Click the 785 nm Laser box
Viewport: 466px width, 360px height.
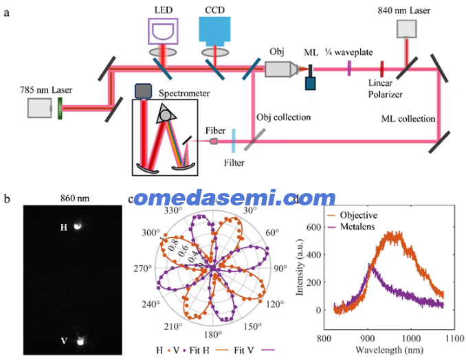pyautogui.click(x=40, y=108)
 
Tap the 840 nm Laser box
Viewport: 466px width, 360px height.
pyautogui.click(x=407, y=29)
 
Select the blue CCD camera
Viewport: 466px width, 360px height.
pyautogui.click(x=214, y=31)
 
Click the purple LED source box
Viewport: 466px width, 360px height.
pyautogui.click(x=163, y=31)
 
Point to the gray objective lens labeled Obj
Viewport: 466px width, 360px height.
pyautogui.click(x=281, y=69)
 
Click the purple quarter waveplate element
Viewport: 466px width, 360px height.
pyautogui.click(x=349, y=68)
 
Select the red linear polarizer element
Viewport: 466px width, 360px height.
pyautogui.click(x=382, y=69)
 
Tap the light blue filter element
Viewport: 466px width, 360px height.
pyautogui.click(x=234, y=141)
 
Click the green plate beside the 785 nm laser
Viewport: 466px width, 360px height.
pyautogui.click(x=60, y=108)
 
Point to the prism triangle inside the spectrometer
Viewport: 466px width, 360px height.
pyautogui.click(x=166, y=114)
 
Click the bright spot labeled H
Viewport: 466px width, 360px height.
pyautogui.click(x=78, y=226)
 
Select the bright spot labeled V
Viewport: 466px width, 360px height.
pyautogui.click(x=80, y=341)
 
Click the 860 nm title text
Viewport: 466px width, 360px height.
pyautogui.click(x=75, y=198)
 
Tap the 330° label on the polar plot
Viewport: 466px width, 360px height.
pyautogui.click(x=173, y=210)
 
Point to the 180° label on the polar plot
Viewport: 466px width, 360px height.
pyautogui.click(x=213, y=335)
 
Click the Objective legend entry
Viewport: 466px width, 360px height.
pyautogui.click(x=352, y=215)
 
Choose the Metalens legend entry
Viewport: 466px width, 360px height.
pyautogui.click(x=351, y=226)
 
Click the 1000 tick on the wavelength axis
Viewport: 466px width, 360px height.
pyautogui.click(x=411, y=338)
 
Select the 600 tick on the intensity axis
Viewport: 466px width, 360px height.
pyautogui.click(x=313, y=227)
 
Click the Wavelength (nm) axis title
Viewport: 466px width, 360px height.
pyautogui.click(x=389, y=350)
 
